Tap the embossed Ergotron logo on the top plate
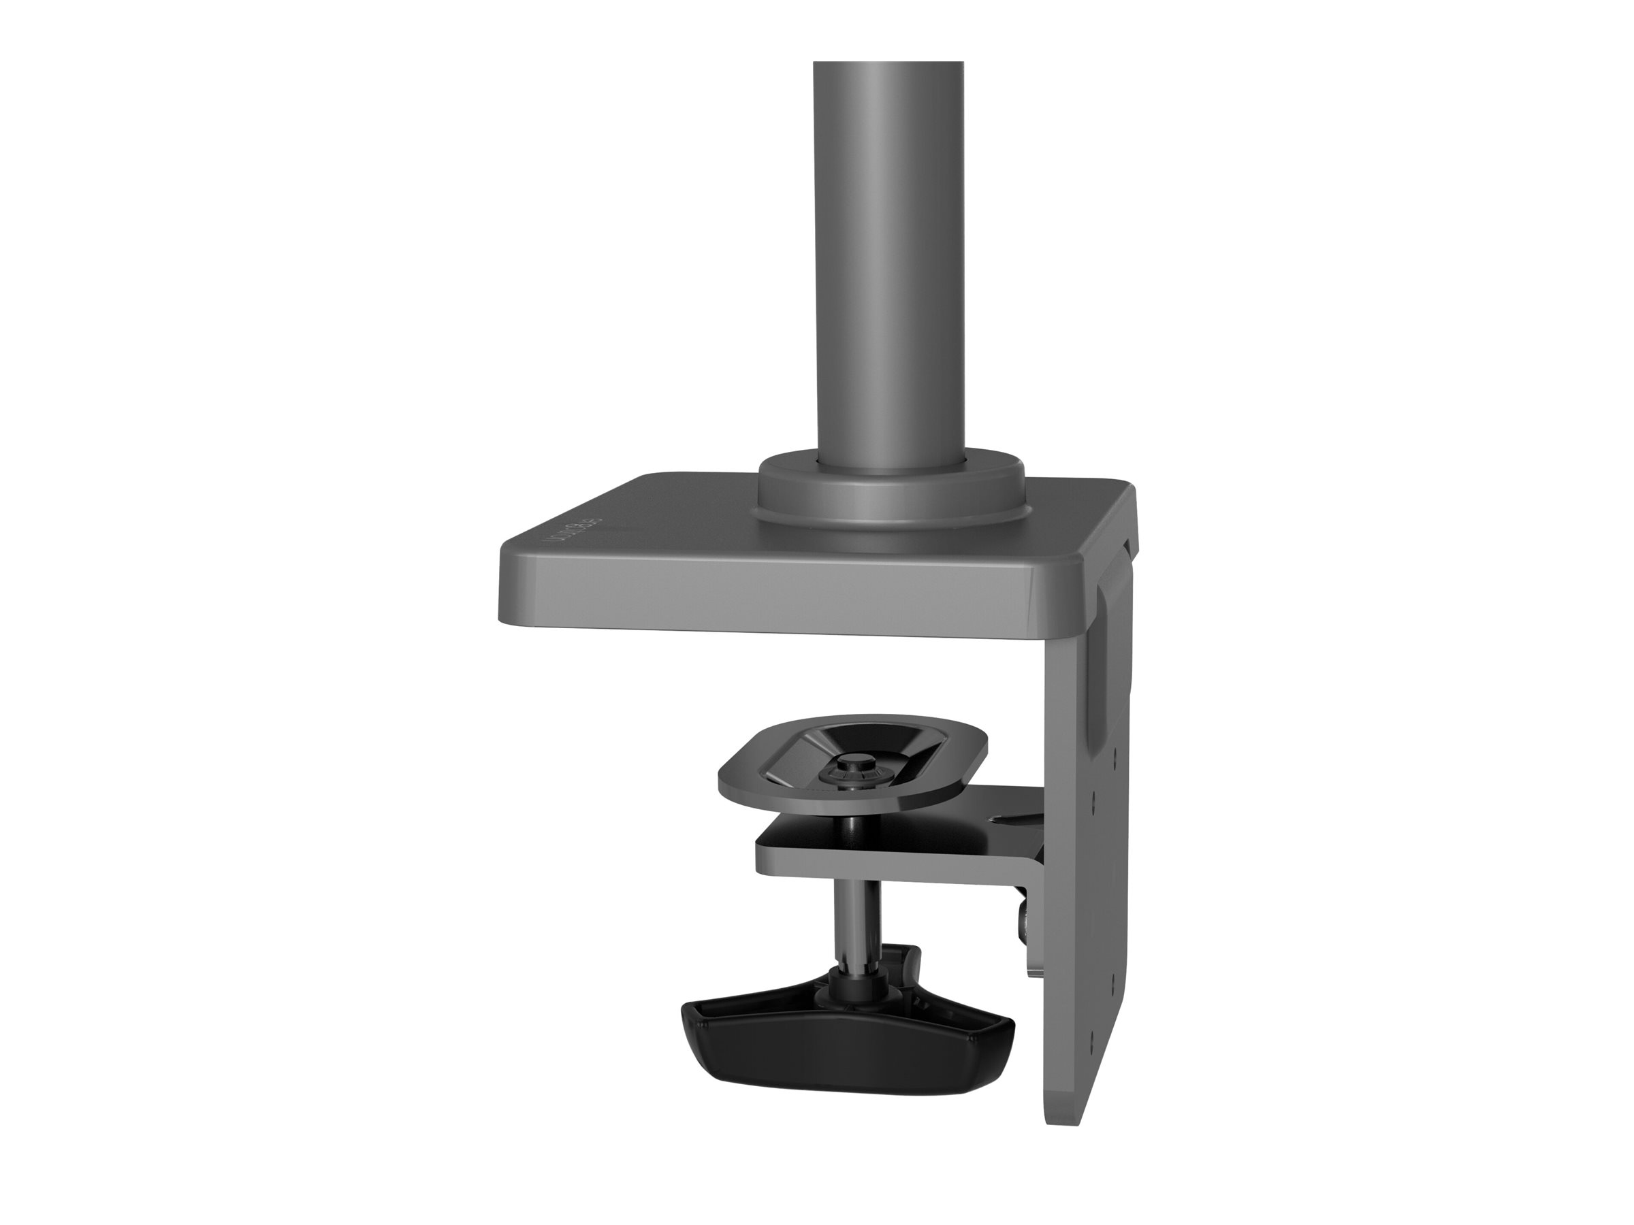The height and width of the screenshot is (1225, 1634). (x=573, y=529)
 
